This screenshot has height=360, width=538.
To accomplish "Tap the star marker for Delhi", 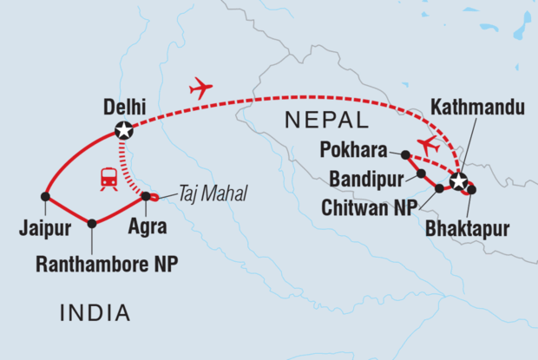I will click(x=124, y=132).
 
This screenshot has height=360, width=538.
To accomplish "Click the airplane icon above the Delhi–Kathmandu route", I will click(x=201, y=88).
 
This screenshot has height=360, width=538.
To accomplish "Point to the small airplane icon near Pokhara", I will click(x=427, y=144).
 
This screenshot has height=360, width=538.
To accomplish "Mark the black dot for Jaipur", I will click(x=45, y=196).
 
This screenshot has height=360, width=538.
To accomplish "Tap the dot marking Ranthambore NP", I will click(x=92, y=223).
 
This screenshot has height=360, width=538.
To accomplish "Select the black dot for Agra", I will click(x=146, y=195).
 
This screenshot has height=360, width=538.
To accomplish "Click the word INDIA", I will click(x=95, y=311).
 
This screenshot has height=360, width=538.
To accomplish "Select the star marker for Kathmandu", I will click(x=457, y=182).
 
